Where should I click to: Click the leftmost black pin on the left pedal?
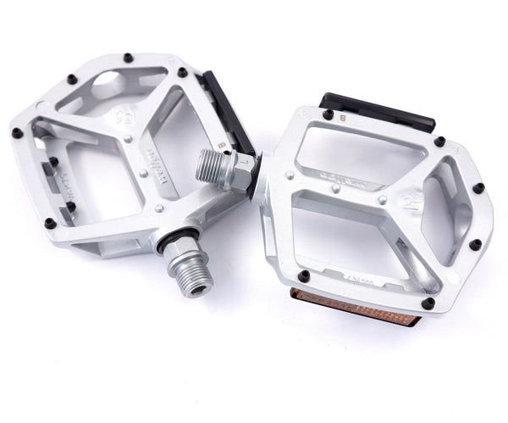coord(17,132)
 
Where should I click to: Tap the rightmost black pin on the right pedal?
coord(479,187)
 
